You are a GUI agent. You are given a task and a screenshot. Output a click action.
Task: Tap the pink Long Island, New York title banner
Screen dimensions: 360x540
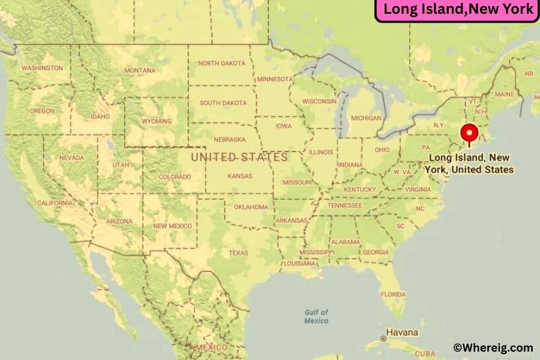coord(458,10)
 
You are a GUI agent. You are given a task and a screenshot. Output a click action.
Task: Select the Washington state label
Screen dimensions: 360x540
coord(42,68)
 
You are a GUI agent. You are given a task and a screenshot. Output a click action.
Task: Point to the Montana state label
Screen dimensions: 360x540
coord(140,70)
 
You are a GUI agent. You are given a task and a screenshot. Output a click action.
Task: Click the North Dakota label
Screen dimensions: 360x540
coord(221,63)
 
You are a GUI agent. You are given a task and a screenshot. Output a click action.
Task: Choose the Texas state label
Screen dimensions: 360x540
coord(238,253)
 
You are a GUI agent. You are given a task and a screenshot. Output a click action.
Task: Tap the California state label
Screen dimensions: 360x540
coord(55,203)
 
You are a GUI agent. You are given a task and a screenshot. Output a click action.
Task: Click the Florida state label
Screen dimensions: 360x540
coord(393,295)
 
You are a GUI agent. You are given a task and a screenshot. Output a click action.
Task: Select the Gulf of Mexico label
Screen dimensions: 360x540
coord(316,316)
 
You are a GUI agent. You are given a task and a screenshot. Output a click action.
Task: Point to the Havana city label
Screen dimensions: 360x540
coord(402,332)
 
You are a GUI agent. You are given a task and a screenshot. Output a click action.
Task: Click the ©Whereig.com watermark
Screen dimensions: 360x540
coord(493,347)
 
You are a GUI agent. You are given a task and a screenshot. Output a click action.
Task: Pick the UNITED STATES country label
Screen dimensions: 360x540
coord(239,157)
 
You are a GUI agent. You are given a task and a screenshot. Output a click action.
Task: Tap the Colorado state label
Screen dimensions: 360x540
coord(175,176)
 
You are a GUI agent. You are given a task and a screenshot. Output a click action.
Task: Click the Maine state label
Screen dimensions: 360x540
coord(504,94)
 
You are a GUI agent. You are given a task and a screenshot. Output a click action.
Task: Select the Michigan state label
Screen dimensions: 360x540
coord(366,118)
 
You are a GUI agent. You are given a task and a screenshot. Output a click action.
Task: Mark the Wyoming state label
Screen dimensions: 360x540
coord(156,121)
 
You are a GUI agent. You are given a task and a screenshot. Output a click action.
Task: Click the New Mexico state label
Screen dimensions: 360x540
coord(173,226)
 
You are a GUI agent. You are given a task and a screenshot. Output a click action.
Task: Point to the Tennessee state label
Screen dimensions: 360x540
coord(344,205)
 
